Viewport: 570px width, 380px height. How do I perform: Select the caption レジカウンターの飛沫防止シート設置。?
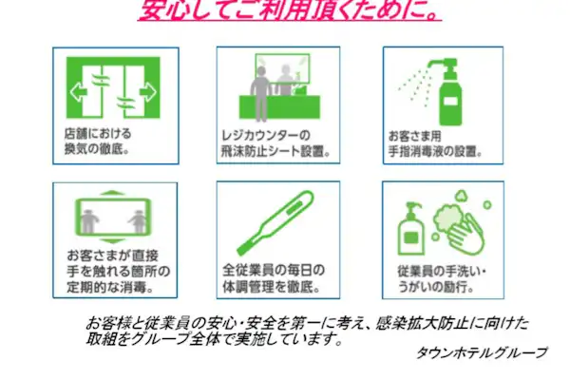275,143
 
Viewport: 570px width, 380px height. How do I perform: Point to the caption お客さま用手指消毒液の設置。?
434,143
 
